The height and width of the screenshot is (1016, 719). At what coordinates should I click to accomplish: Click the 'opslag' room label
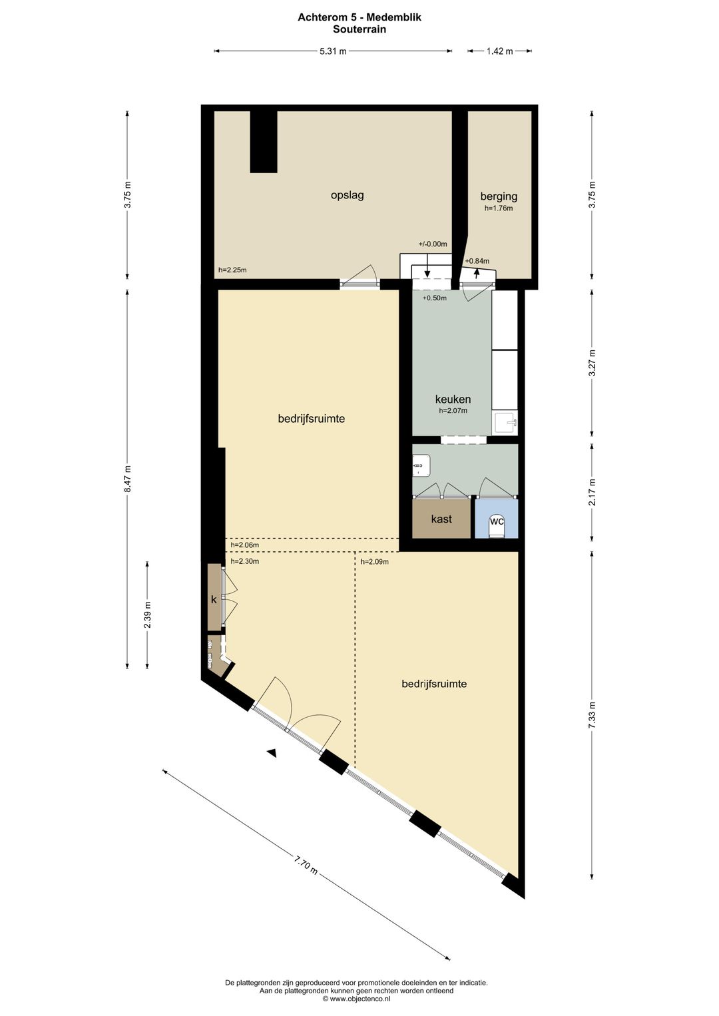coord(347,195)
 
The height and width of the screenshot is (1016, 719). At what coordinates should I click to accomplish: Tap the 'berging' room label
coord(499,196)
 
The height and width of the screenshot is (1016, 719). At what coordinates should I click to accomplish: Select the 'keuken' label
coord(453,399)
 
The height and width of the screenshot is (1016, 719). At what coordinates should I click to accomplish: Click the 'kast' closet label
coord(441,519)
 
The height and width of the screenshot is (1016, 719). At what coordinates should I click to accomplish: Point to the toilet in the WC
coord(497,525)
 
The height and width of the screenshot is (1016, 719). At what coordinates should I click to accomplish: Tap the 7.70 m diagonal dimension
coord(306,866)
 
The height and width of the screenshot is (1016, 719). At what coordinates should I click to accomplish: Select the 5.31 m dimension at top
coord(333,51)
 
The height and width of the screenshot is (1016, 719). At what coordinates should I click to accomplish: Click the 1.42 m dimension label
coord(499,51)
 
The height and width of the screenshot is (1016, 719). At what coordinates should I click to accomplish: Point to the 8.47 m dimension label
coord(127,478)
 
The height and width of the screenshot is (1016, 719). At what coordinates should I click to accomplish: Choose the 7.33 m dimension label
coord(592,715)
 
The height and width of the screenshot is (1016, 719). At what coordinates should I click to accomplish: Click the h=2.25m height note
coord(232,270)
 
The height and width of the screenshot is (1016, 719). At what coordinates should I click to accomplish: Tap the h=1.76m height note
coord(499,208)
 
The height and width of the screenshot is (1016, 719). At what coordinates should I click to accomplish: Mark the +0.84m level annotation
coord(477,261)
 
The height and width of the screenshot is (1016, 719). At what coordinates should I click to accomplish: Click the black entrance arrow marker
coord(272,753)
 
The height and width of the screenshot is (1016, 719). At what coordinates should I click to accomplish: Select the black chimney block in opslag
coord(264,141)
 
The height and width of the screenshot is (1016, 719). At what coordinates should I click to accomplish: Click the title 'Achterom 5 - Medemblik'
coord(359,17)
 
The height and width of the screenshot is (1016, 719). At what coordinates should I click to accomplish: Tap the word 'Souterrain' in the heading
coord(359,29)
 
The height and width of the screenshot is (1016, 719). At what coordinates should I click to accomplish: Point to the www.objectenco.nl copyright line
coord(357,999)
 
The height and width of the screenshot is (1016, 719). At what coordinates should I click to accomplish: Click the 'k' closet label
coord(214,599)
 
